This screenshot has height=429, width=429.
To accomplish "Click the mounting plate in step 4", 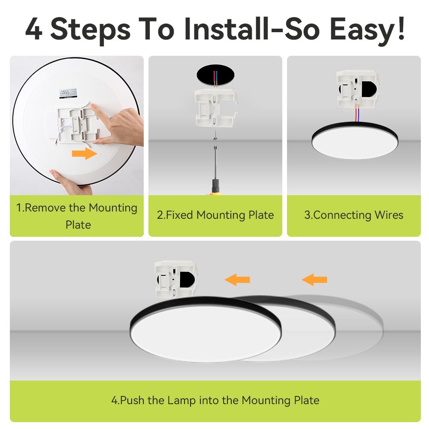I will [x=176, y=279].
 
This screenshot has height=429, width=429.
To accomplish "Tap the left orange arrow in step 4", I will [x=237, y=280].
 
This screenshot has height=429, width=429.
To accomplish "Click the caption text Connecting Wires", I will [x=354, y=215].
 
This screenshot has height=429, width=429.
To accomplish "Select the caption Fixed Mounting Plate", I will [x=215, y=215].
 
